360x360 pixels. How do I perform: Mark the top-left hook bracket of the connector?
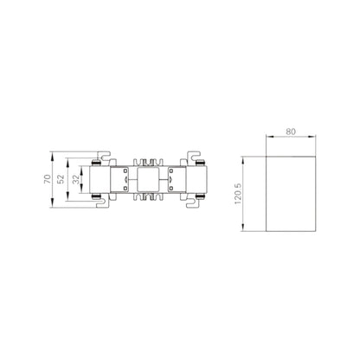coord(105,157)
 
